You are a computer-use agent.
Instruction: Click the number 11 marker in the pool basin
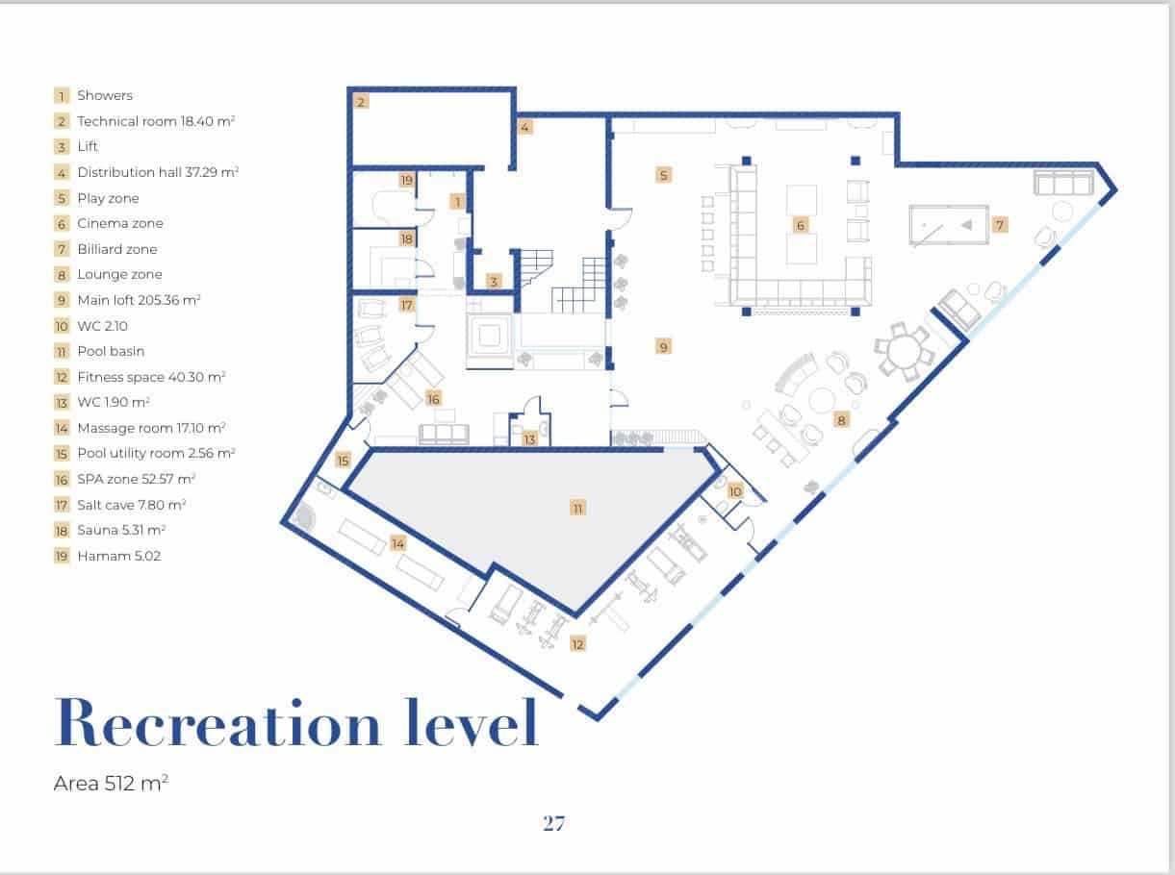(577, 508)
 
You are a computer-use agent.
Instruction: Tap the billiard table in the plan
(949, 225)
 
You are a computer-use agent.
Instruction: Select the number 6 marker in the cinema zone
(801, 225)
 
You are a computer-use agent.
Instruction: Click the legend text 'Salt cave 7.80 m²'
(132, 505)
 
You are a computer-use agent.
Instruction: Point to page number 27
(553, 823)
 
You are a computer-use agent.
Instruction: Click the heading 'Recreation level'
(296, 722)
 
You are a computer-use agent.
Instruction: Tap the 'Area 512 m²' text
(112, 783)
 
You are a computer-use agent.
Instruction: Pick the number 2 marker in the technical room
(361, 102)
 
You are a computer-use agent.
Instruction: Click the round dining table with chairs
(904, 351)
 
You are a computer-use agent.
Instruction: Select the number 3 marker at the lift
(494, 281)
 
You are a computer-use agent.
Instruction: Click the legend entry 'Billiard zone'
(117, 249)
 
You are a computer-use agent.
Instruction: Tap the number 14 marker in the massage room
(397, 544)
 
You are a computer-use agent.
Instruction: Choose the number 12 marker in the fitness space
(577, 644)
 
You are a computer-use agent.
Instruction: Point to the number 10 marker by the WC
(735, 491)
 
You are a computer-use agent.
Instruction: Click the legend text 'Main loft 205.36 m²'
(140, 300)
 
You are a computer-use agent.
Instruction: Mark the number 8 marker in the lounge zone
(841, 420)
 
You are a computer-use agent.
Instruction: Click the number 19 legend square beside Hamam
(62, 556)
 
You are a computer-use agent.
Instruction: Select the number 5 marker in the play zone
(664, 175)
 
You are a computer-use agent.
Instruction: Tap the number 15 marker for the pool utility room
(344, 460)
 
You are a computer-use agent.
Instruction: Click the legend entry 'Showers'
(105, 95)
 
